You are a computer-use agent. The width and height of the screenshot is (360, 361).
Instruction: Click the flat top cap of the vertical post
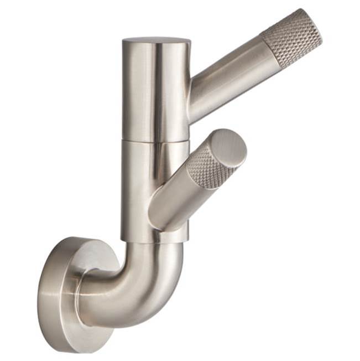click(156, 40)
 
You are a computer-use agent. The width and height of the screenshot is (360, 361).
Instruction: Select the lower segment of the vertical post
click(138, 183)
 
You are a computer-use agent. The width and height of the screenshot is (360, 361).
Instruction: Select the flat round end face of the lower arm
click(228, 148)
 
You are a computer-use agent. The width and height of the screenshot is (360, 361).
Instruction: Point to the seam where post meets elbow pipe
click(152, 242)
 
